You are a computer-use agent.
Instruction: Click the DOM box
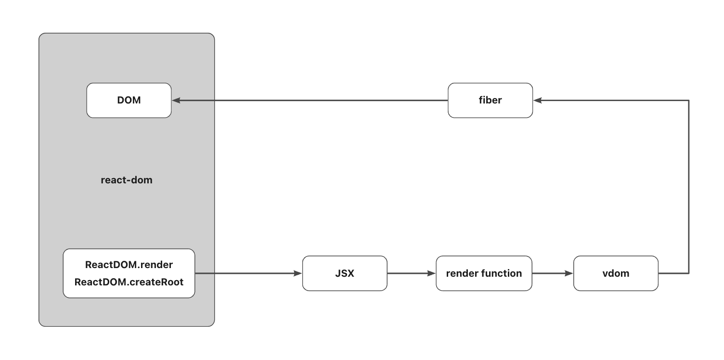[x=129, y=100]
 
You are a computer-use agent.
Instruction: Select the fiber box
[x=490, y=100]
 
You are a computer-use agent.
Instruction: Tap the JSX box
[x=345, y=273]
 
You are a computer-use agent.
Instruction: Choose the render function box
[x=484, y=273]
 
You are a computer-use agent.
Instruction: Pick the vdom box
[x=616, y=273]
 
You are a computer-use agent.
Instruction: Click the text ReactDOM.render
[x=129, y=265]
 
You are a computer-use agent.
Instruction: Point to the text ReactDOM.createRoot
[x=129, y=282]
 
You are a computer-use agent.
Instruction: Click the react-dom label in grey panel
[x=127, y=180]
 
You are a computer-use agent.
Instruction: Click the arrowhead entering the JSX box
[x=298, y=273]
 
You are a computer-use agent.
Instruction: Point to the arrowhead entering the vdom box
[x=569, y=273]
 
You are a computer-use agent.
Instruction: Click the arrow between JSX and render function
[x=409, y=273]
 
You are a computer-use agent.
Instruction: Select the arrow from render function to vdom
[x=551, y=273]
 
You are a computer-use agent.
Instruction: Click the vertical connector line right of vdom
[x=689, y=188]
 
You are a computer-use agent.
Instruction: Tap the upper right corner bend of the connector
[x=689, y=100]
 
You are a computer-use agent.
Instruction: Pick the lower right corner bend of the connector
[x=689, y=273]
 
